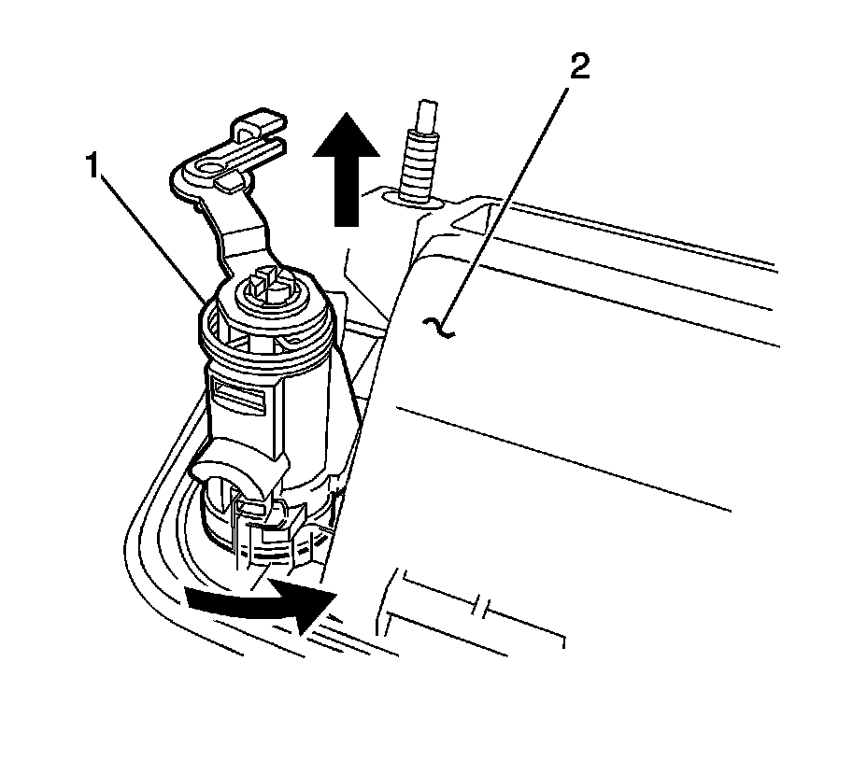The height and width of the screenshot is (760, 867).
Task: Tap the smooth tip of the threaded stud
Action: pos(425,112)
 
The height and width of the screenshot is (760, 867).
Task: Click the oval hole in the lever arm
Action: pos(206,170)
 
